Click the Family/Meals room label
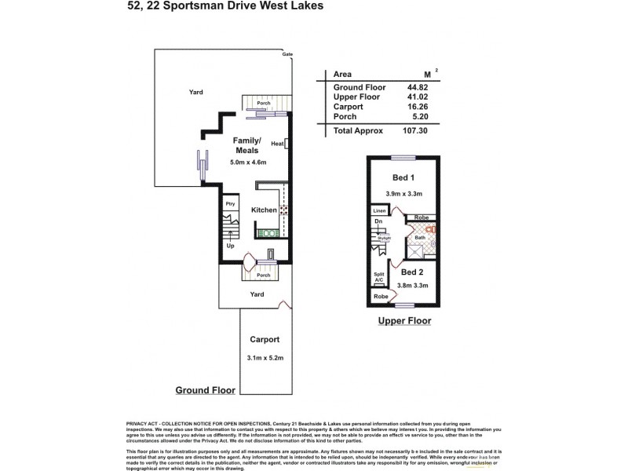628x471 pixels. coord(247,144)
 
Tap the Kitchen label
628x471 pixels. coord(264,210)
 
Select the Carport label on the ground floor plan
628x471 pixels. coord(265,340)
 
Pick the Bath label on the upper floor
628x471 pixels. coord(420,237)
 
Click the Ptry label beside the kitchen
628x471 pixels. coord(230,204)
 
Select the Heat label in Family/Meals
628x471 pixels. coord(276,144)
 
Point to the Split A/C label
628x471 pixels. coord(379,277)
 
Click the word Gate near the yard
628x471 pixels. coord(287,55)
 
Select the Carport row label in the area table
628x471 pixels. coord(348,106)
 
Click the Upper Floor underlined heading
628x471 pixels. coord(404,321)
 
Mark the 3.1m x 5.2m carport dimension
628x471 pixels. coord(265,359)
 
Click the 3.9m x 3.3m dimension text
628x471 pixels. coord(404,193)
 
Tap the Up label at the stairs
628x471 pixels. coord(230,246)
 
